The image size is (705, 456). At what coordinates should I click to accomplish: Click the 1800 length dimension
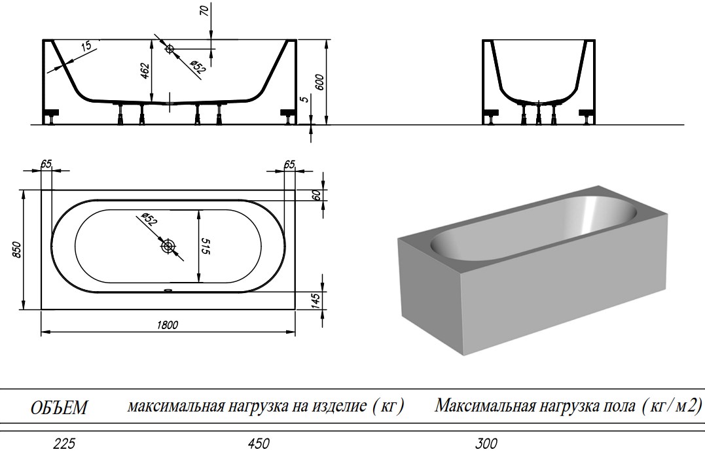(168, 324)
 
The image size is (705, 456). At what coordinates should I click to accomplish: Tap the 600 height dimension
(319, 82)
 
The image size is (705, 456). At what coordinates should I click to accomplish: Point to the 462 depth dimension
(145, 69)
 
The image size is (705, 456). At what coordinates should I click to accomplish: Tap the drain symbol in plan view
(169, 247)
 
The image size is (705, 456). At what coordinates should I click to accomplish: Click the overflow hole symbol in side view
(170, 48)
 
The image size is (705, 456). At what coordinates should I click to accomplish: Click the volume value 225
(63, 444)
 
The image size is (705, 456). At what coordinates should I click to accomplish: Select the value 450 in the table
(258, 444)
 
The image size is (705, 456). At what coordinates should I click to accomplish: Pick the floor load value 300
(485, 444)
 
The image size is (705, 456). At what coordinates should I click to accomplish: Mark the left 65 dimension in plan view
(46, 164)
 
